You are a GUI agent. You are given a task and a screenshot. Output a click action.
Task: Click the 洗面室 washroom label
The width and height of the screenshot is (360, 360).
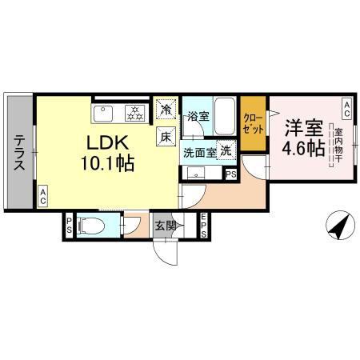click(x=200, y=150)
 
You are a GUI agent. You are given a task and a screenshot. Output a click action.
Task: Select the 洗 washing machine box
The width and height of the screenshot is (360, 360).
click(x=226, y=150)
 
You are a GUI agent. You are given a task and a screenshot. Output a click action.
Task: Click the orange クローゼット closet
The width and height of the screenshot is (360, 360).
click(x=254, y=125)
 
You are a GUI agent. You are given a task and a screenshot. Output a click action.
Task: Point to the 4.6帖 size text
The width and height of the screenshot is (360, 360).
click(x=302, y=149)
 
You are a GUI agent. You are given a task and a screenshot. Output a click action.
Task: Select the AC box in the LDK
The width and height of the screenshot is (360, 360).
click(x=42, y=194)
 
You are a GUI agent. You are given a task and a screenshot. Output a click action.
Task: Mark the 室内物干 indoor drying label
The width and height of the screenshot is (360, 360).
click(x=339, y=149)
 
